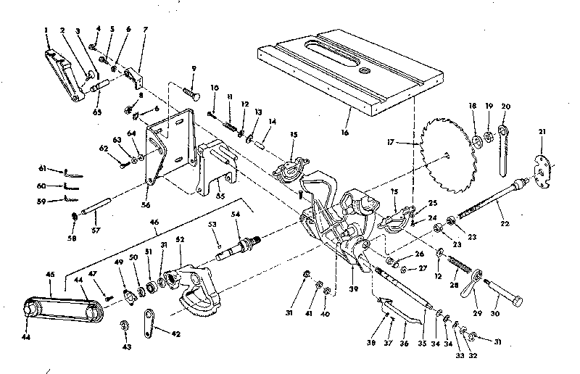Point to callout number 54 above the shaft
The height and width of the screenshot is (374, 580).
click(x=236, y=215)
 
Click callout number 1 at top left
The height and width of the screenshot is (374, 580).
click(x=46, y=31)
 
